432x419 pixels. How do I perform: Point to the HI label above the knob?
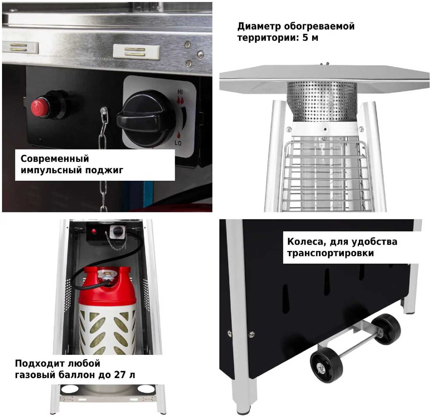(x=180, y=92)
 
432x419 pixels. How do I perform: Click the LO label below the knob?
(x=178, y=143)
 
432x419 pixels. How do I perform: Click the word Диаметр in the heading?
(x=259, y=26)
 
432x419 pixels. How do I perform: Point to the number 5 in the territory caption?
(x=305, y=38)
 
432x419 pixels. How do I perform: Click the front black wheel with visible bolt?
(x=326, y=365)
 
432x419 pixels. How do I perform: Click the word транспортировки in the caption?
(x=331, y=253)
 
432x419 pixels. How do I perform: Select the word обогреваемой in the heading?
(x=319, y=26)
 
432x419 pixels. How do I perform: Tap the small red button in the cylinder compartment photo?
(x=94, y=231)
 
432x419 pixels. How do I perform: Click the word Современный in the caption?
(x=55, y=159)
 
